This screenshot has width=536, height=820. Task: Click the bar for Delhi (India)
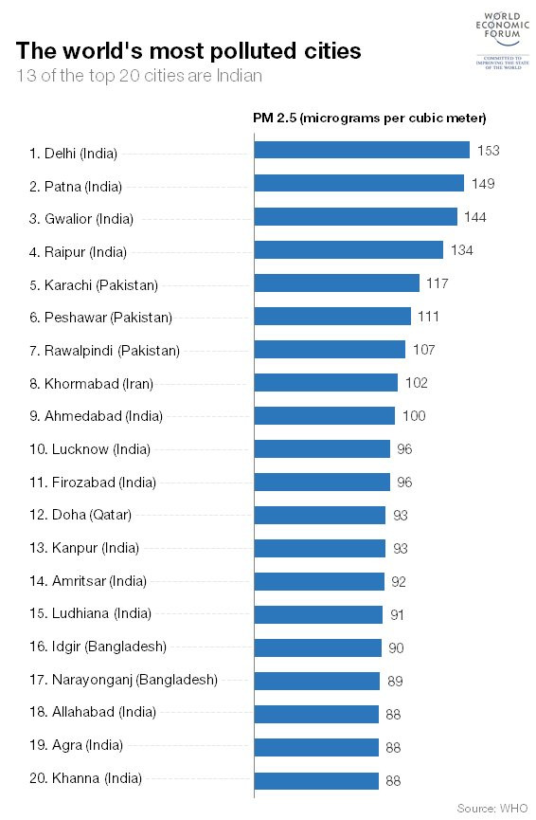click(362, 150)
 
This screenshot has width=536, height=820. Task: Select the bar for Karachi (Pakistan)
click(337, 282)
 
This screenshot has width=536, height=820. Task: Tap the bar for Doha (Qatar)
click(320, 515)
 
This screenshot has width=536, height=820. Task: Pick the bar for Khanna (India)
click(316, 780)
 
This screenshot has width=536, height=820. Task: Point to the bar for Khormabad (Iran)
click(326, 382)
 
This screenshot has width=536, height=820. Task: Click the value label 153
click(488, 151)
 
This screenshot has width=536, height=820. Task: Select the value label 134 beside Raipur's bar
click(461, 250)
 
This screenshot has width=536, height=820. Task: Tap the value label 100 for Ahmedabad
click(414, 416)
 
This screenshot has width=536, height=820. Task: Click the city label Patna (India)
click(76, 186)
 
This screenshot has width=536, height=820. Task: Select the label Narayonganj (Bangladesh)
click(123, 680)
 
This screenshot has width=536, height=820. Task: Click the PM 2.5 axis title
click(369, 118)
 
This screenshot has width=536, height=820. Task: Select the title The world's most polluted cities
click(189, 50)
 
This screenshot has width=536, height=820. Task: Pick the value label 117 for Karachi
click(437, 283)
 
